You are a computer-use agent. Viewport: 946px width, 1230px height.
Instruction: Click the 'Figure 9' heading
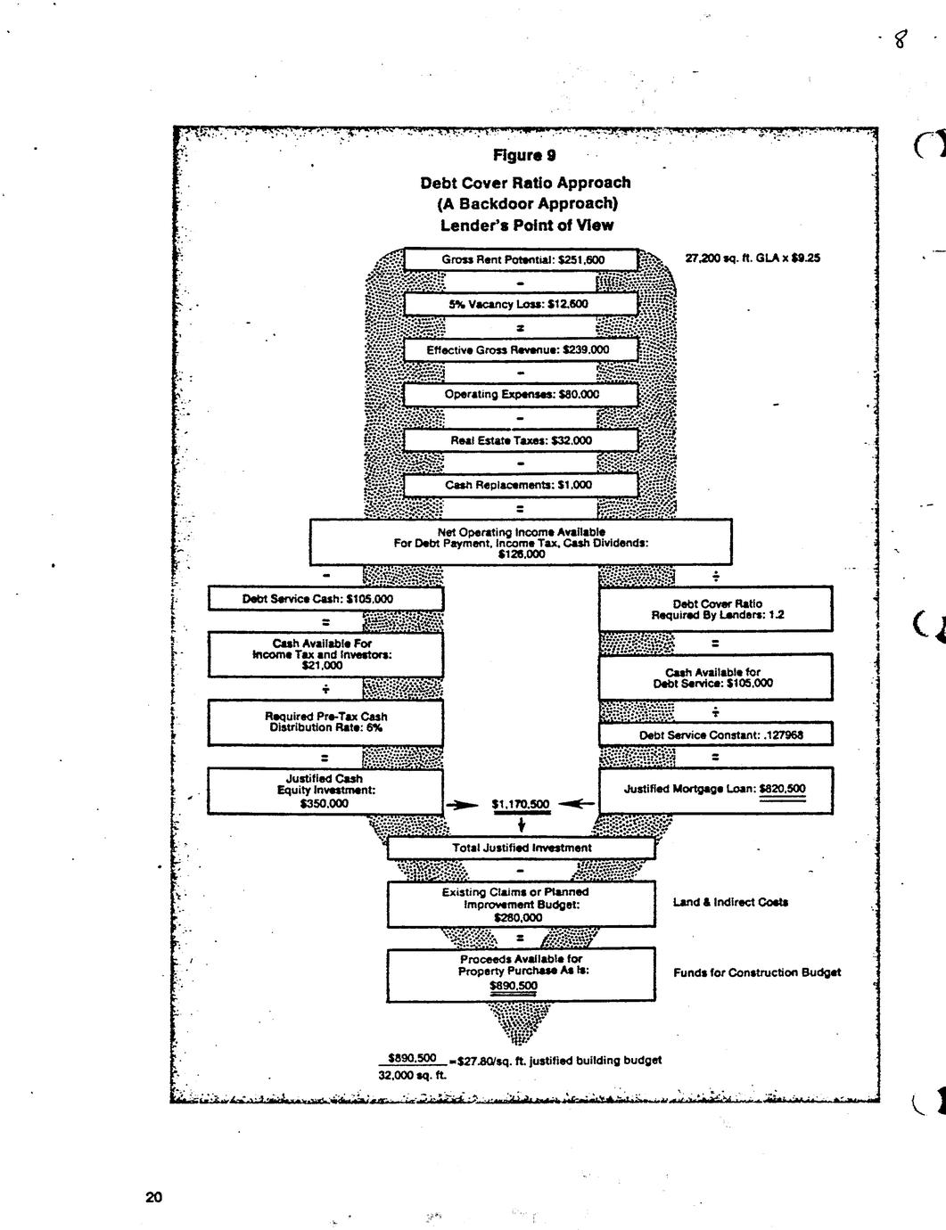click(524, 156)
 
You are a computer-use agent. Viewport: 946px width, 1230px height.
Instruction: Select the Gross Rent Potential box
click(522, 259)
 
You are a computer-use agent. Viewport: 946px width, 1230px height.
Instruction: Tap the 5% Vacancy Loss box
click(522, 304)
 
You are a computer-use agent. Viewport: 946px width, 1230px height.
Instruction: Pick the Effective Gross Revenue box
click(522, 349)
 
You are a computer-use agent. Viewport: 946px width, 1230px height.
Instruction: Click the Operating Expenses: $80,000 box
click(522, 394)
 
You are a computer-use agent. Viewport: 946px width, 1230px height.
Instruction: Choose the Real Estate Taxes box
click(522, 440)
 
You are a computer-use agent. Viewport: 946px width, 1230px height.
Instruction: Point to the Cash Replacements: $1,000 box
click(522, 485)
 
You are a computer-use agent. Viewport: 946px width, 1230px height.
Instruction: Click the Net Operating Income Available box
click(521, 542)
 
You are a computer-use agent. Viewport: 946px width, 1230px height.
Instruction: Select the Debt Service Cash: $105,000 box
click(325, 599)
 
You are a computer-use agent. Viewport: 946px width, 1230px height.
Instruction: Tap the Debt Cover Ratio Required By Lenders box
click(716, 609)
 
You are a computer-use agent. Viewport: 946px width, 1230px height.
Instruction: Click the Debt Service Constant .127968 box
click(716, 734)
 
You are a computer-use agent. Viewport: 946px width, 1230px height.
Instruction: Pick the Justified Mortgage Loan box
click(716, 789)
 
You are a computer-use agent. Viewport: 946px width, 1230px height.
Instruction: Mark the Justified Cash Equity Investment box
click(325, 791)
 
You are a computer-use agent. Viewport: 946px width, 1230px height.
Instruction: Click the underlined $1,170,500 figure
click(521, 804)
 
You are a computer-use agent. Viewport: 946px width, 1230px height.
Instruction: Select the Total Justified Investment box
click(521, 848)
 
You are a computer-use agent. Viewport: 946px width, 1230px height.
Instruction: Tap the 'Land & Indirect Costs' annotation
click(730, 902)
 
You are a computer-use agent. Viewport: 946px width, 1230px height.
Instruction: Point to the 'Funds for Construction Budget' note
click(757, 972)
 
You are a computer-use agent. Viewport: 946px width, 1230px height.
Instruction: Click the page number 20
click(154, 1196)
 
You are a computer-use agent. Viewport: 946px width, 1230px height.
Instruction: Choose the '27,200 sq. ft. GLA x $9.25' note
click(753, 258)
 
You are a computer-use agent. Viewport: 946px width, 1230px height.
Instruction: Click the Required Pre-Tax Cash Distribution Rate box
click(325, 722)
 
